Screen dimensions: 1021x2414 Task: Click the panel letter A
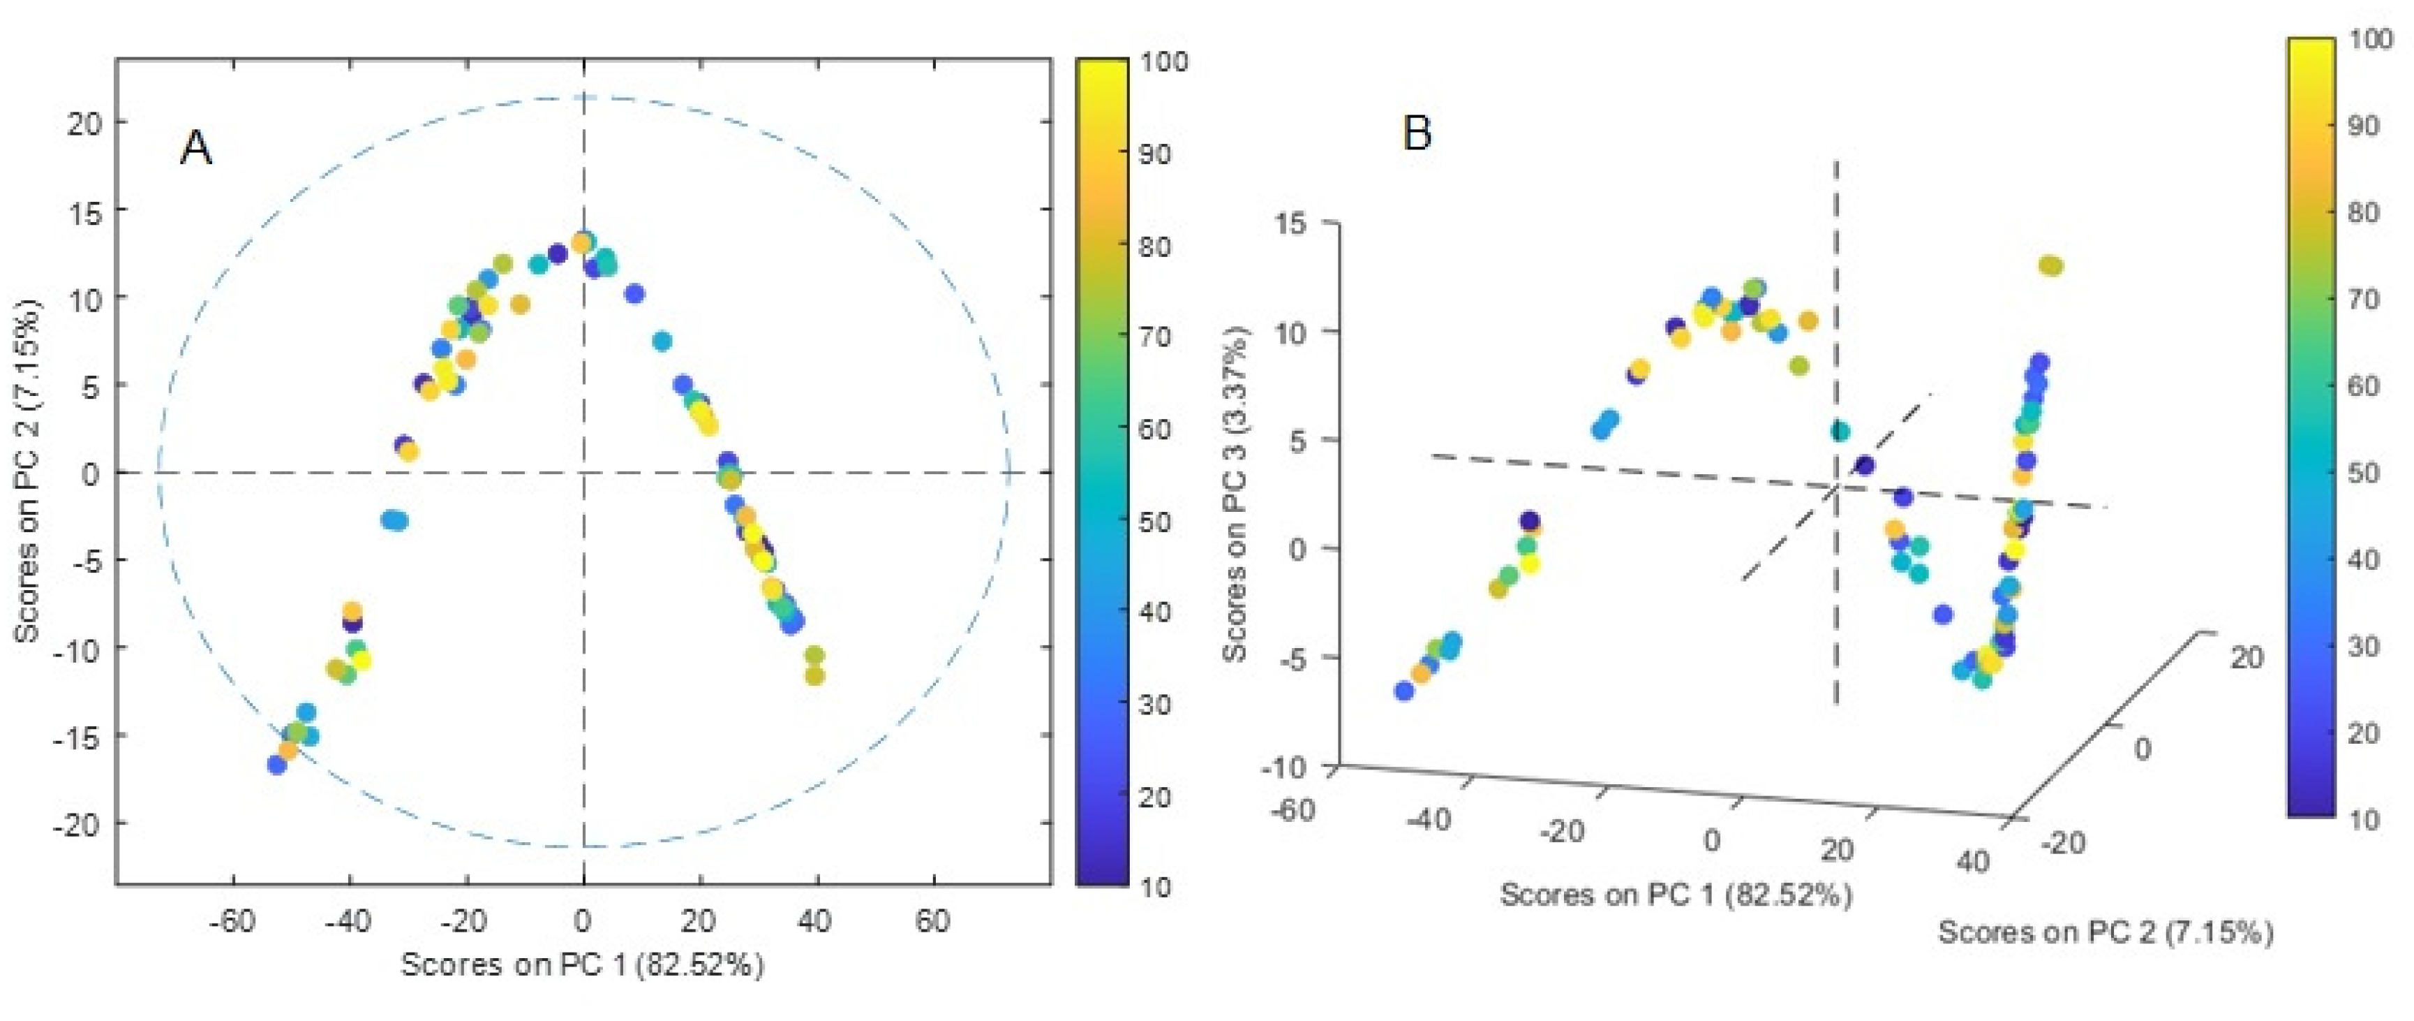click(196, 148)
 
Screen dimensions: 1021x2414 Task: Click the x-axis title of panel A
click(582, 964)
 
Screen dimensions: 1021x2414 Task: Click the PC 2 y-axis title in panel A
click(28, 471)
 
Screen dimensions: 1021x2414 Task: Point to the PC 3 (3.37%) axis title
click(1237, 494)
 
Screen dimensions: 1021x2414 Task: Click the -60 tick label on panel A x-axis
click(232, 922)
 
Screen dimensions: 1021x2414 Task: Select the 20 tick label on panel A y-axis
click(84, 123)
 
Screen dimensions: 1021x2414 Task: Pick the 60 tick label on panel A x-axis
click(932, 922)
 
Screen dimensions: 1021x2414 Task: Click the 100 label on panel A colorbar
click(1164, 62)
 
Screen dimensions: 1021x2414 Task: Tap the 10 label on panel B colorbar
click(2363, 819)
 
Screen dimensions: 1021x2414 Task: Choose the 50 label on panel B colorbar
click(2363, 473)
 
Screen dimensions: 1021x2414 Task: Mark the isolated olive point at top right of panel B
click(2050, 266)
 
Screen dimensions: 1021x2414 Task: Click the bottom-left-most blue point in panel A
click(276, 765)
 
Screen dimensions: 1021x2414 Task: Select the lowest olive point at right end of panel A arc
click(814, 675)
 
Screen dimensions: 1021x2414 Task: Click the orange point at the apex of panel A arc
click(582, 244)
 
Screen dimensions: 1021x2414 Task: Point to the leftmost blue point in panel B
click(1403, 691)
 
